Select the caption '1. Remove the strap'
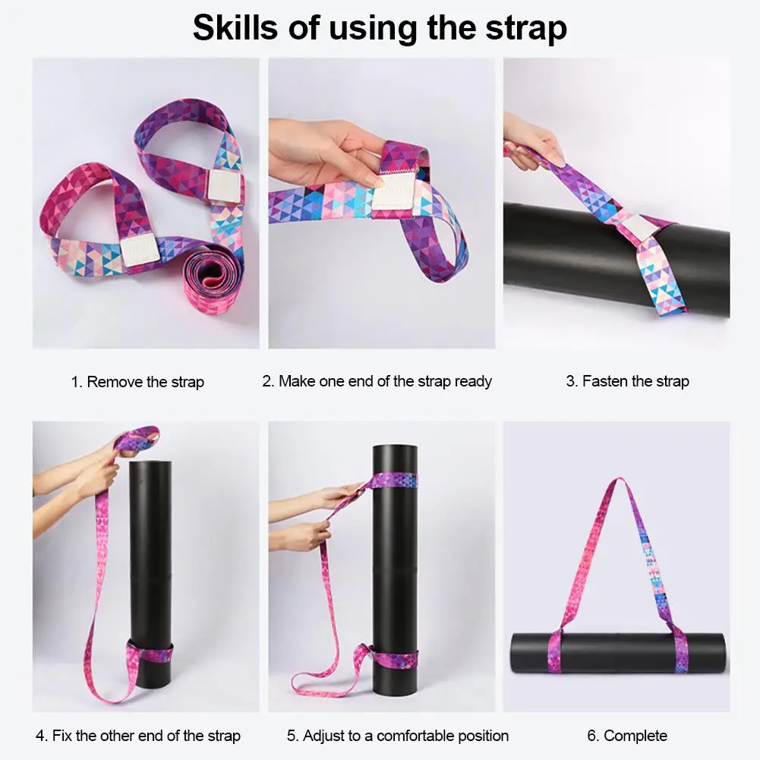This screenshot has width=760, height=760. point(137,382)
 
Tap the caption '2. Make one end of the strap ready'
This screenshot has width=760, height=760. point(377,381)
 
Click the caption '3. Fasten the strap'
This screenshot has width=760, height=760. point(627,381)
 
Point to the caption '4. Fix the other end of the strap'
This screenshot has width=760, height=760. point(138,736)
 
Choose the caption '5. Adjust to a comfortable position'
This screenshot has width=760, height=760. point(398,736)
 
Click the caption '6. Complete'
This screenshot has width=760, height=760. point(627,736)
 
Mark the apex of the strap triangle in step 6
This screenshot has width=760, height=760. point(620,483)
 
